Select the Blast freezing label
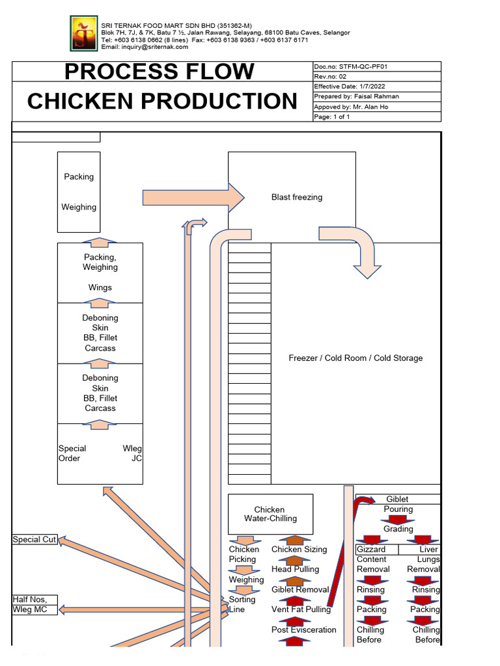pos(296,197)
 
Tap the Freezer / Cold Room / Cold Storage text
pos(355,358)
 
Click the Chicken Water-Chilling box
pos(270,514)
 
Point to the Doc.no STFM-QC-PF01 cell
pos(376,66)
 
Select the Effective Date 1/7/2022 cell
pos(376,87)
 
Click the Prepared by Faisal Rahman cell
pos(376,96)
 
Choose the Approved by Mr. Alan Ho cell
pos(376,107)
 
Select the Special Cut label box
pos(35,540)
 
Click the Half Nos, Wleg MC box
pos(35,604)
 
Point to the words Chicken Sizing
pos(299,550)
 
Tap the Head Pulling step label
pos(295,569)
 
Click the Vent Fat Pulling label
pos(301,609)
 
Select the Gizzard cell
pos(371,550)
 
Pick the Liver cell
pos(428,550)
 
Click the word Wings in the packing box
pos(100,287)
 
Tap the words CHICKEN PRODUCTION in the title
pos(162,101)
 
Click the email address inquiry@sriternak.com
pos(145,47)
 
